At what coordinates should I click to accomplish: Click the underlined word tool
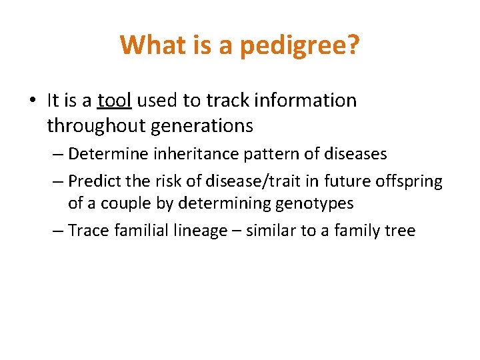click(x=115, y=101)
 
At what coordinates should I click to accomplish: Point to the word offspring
click(x=407, y=181)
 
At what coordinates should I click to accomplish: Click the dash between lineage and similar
click(x=237, y=231)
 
